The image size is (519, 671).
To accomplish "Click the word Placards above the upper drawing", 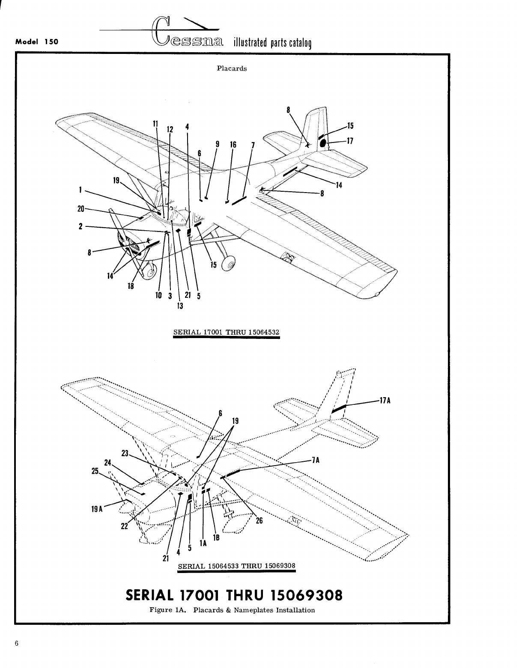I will [232, 68].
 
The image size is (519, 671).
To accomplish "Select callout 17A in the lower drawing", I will [385, 401].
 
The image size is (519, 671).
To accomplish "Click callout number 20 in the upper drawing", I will [81, 209].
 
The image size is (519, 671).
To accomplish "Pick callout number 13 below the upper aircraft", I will [180, 306].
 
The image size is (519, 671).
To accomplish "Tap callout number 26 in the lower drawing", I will [259, 521].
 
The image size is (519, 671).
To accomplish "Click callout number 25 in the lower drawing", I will [95, 471].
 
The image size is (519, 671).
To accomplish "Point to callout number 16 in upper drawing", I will [233, 145].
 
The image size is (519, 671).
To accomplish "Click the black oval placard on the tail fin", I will [323, 143].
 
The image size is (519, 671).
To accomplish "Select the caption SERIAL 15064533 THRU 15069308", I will [236, 565].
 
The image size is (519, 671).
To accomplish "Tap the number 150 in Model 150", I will [51, 42].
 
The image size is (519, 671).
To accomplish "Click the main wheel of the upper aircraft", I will [228, 264].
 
